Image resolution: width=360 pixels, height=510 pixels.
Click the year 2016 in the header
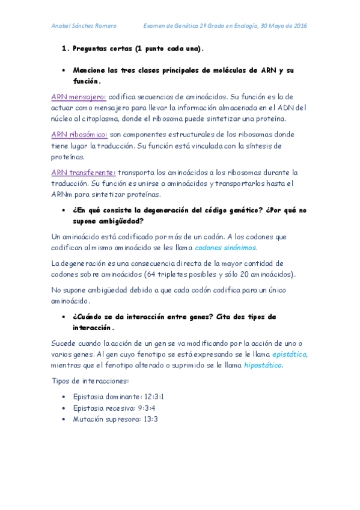[299, 26]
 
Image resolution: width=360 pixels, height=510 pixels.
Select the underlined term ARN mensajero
[79, 96]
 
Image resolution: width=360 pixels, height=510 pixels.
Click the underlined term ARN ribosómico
[79, 134]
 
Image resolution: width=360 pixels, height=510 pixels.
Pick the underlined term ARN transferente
[84, 172]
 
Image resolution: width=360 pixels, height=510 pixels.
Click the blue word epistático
[289, 354]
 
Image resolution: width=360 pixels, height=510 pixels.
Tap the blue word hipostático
[263, 365]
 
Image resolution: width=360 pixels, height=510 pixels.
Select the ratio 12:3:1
[153, 397]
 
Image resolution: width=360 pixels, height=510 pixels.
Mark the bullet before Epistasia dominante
[64, 397]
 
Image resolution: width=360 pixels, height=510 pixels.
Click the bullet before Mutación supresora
[64, 419]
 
